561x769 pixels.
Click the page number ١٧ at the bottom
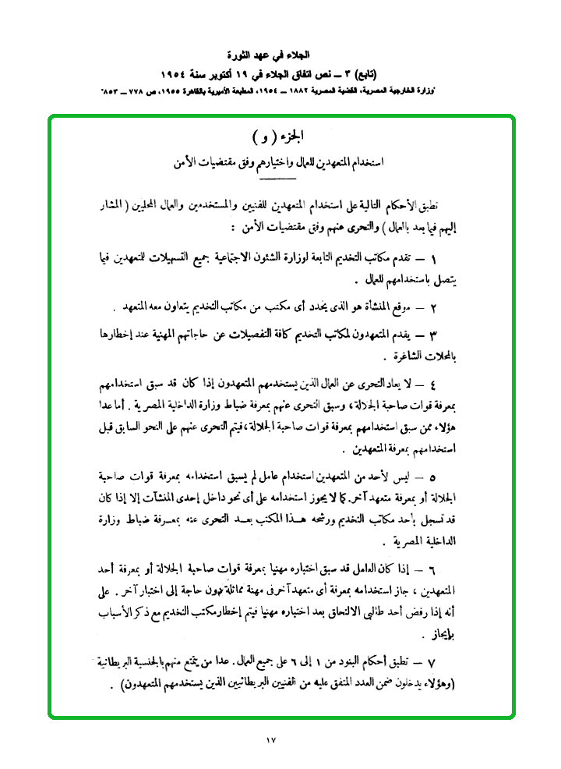271,739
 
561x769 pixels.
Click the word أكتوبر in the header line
228,74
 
